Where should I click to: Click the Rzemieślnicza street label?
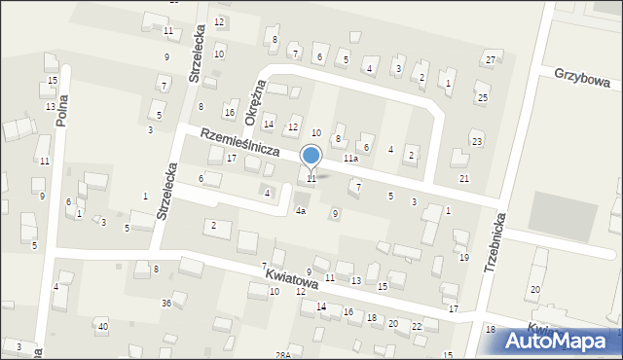(x=240, y=143)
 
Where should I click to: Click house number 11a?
(x=350, y=158)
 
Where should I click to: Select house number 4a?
(x=301, y=211)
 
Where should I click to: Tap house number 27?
(x=491, y=60)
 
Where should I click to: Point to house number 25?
(x=481, y=97)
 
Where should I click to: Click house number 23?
(x=476, y=142)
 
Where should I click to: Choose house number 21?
(x=464, y=178)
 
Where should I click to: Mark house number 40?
(x=102, y=326)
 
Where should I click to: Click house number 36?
(x=166, y=304)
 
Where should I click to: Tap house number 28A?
(x=282, y=355)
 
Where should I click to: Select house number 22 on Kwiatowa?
(x=417, y=326)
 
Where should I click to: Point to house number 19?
(x=463, y=258)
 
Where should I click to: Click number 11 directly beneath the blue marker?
(x=311, y=178)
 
